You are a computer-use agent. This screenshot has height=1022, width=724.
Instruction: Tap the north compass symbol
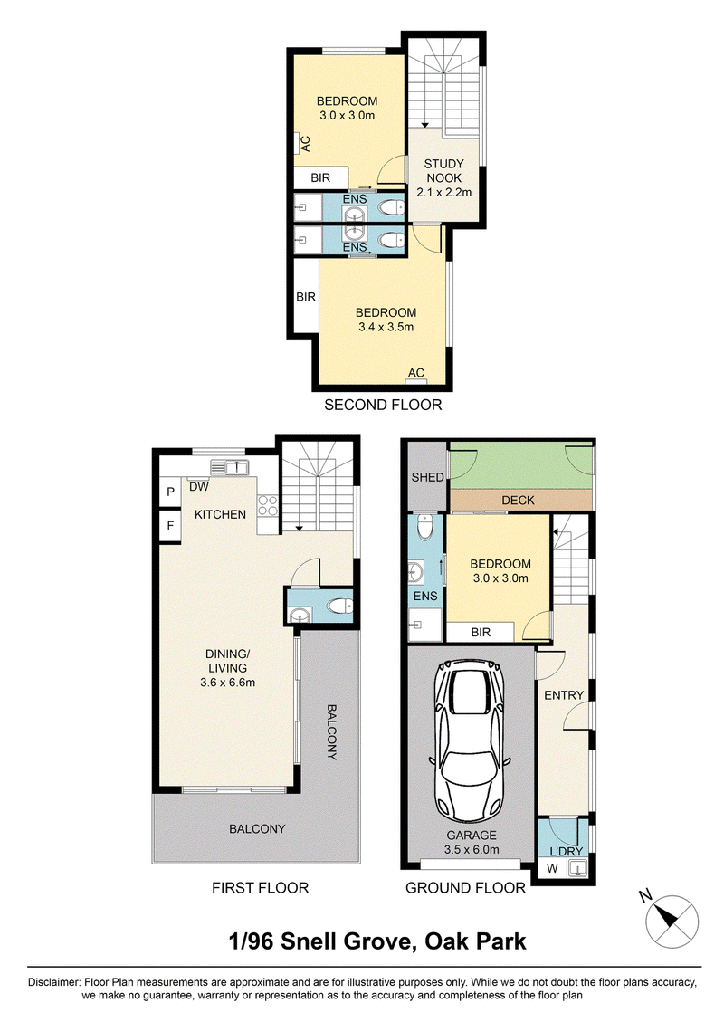pos(672,922)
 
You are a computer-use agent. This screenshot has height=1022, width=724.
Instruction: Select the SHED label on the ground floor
pos(427,477)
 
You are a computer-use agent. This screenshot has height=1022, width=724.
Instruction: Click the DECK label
pos(518,500)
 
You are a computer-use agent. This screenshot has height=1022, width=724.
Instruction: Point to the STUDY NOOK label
pos(443,171)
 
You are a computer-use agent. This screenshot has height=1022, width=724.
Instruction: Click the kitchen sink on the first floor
pos(229,467)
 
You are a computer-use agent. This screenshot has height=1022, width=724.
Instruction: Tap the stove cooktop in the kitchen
pos(268,506)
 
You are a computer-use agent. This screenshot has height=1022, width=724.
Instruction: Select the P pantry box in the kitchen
pos(170,492)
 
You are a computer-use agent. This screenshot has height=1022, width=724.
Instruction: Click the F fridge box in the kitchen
pos(170,524)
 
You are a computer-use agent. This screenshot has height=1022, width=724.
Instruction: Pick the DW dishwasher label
pos(199,487)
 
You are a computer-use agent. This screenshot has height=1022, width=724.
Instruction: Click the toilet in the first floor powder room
pos(339,607)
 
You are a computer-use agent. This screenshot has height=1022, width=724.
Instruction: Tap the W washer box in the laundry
pos(553,868)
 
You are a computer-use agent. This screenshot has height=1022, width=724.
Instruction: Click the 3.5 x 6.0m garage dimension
pos(472,849)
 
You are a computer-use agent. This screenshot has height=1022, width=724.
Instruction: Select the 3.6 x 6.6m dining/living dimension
pos(227,683)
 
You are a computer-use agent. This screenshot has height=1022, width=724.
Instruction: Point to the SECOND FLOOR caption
pos(383,405)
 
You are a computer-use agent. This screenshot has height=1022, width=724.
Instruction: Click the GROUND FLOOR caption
pos(465,888)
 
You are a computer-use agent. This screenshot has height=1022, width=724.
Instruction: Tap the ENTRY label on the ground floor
pos(564,695)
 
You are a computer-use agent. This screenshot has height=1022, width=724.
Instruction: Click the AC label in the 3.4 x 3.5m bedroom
pos(415,373)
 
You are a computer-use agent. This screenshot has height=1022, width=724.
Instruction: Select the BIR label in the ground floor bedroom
pos(481,632)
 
